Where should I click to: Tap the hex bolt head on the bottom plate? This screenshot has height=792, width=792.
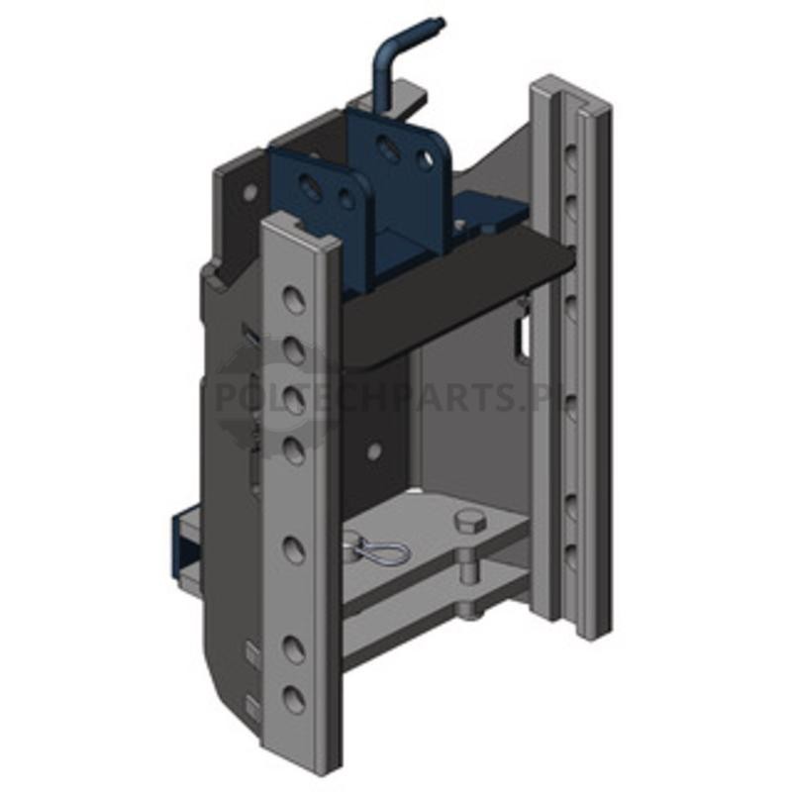(470, 522)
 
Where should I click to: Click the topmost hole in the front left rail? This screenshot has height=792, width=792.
(294, 299)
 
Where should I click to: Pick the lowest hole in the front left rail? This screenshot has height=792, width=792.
(294, 700)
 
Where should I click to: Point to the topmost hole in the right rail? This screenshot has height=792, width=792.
(571, 156)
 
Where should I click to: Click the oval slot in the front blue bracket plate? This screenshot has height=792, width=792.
(308, 185)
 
